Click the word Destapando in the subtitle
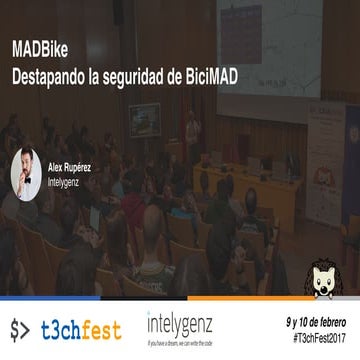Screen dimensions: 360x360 point(53,76)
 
